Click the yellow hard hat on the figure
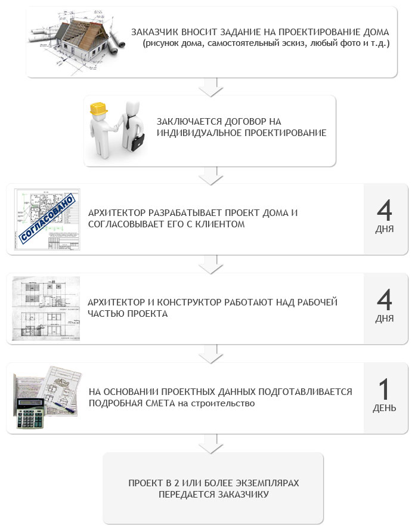click(x=98, y=109)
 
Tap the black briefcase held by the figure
click(x=138, y=142)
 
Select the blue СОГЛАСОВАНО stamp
click(x=47, y=218)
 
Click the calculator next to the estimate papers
click(x=29, y=413)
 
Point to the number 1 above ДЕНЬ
click(x=384, y=389)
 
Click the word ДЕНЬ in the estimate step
click(x=384, y=408)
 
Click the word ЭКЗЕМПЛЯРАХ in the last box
click(x=267, y=483)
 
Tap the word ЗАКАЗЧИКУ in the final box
click(x=243, y=495)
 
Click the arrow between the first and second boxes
click(x=211, y=87)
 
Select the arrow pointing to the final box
click(x=211, y=444)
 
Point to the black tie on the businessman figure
click(x=129, y=122)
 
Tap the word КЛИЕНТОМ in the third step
click(x=220, y=224)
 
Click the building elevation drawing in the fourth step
click(x=46, y=308)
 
